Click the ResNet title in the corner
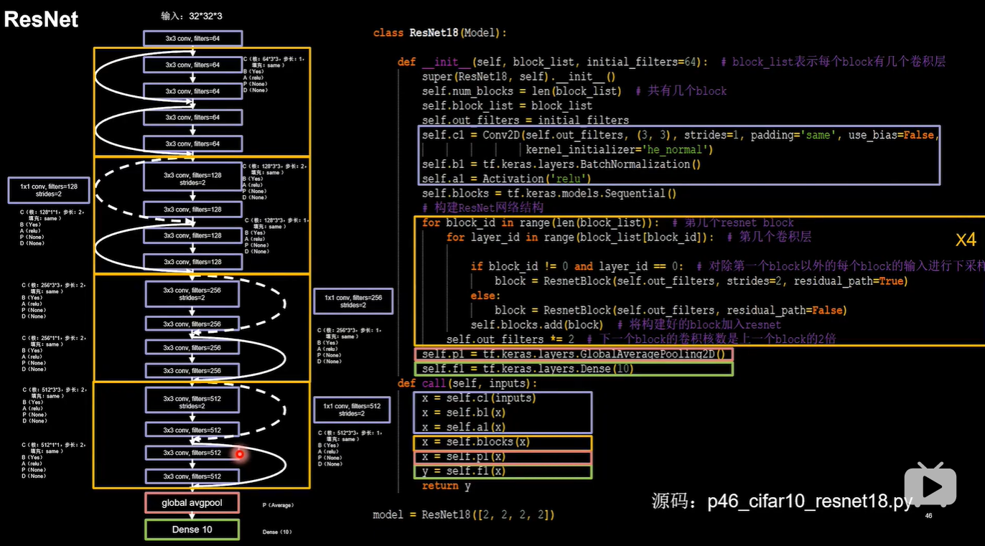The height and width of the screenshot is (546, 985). tap(41, 19)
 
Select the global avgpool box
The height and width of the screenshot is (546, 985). tap(192, 503)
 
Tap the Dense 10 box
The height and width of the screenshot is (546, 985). tap(192, 529)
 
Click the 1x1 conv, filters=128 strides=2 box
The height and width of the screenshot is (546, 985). tap(50, 190)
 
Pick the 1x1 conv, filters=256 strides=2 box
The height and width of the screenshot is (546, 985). tap(353, 301)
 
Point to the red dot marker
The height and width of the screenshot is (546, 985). tap(240, 453)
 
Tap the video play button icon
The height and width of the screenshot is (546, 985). tap(930, 486)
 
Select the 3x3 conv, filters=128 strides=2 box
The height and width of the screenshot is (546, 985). tap(193, 178)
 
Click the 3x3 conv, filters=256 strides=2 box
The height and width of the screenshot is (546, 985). tap(193, 293)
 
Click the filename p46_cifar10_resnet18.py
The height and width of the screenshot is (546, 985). tap(810, 502)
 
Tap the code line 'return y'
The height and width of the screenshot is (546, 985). tap(446, 486)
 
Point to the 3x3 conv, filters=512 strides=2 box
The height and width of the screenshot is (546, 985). tap(193, 402)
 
